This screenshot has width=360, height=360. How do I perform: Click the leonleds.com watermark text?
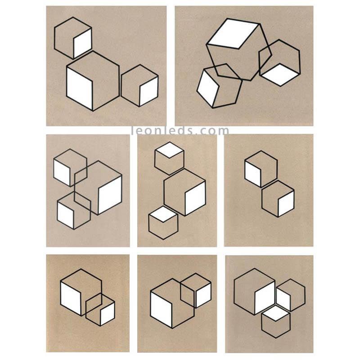[180, 130]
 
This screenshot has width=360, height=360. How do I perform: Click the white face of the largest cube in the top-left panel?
[80, 89]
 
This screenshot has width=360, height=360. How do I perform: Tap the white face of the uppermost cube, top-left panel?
[82, 43]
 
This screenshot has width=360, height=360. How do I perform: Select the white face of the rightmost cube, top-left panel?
[148, 91]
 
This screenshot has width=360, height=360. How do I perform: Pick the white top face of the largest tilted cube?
[233, 34]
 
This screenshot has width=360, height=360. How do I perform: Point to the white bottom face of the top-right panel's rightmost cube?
[280, 75]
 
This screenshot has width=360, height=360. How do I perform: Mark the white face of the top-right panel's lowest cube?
[208, 88]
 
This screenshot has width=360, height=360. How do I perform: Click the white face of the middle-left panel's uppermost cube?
[62, 172]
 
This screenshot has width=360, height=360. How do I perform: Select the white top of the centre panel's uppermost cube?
[170, 150]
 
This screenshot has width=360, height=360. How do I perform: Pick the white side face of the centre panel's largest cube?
[195, 198]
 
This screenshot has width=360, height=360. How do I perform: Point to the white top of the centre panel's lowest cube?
[163, 214]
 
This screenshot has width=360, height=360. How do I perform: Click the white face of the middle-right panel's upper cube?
[253, 175]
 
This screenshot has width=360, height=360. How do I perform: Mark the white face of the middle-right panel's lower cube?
[286, 204]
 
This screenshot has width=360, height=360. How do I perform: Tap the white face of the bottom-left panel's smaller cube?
[108, 314]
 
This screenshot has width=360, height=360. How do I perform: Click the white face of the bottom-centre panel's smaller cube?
[203, 295]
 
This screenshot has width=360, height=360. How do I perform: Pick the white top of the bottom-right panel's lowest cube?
[276, 313]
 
